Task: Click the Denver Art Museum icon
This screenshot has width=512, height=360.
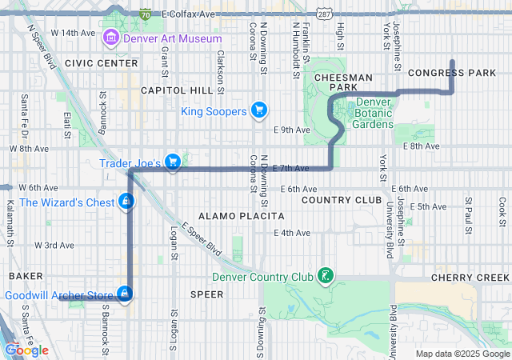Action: [111, 38]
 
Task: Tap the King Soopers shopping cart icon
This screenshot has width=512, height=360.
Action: [258, 110]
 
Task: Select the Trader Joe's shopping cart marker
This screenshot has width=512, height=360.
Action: [172, 162]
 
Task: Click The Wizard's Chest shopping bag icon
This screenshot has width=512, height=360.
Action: [126, 202]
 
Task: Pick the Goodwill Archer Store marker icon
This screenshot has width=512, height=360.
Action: [124, 294]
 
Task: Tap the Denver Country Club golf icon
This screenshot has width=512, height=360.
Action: [325, 277]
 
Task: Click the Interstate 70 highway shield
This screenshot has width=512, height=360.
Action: [144, 14]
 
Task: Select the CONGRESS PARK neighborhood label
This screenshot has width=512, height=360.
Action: [452, 73]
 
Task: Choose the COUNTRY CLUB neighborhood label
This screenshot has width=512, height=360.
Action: [337, 199]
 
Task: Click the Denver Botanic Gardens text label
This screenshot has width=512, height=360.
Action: [374, 113]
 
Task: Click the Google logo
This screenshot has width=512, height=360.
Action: [27, 350]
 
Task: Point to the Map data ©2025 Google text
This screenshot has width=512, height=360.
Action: [462, 354]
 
